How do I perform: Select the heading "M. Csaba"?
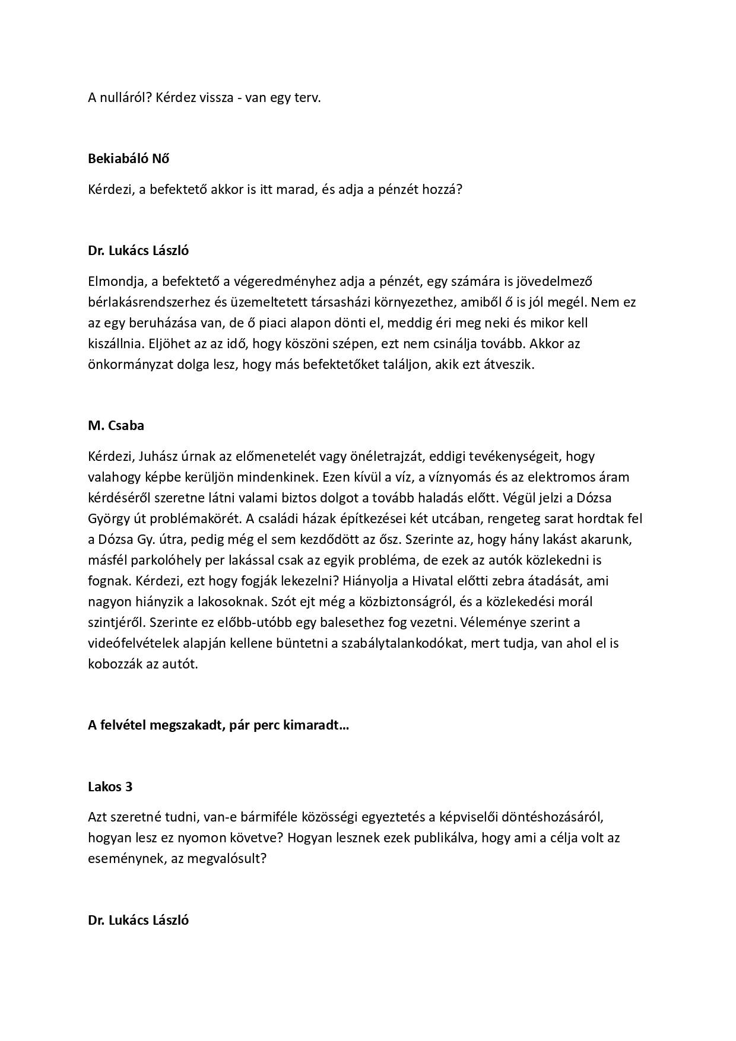pyautogui.click(x=116, y=426)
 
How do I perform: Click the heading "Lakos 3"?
pyautogui.click(x=110, y=787)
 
